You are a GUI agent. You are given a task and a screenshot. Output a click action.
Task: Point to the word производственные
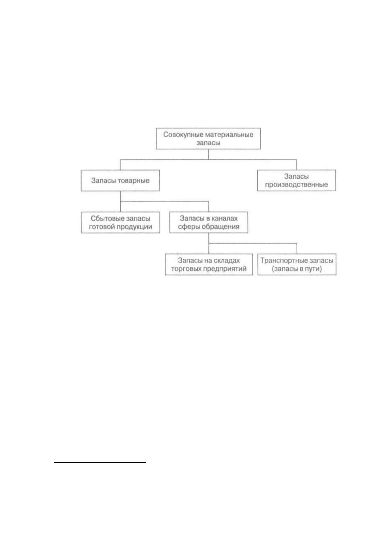tap(296, 185)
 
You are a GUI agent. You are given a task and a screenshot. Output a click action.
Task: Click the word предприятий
tap(225, 269)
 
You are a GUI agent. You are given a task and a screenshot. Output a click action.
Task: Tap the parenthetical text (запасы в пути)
tap(297, 269)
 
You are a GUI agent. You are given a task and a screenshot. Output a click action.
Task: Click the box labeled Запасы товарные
tap(120, 180)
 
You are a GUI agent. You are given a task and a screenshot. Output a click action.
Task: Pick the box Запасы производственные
tap(297, 180)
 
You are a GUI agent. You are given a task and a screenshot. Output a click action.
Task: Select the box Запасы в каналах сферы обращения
tap(209, 222)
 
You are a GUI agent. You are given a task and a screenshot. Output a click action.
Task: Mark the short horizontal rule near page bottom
tap(100, 462)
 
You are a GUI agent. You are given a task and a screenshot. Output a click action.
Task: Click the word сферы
tap(189, 227)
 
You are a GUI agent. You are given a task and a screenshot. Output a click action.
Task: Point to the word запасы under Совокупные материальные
tap(208, 143)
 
